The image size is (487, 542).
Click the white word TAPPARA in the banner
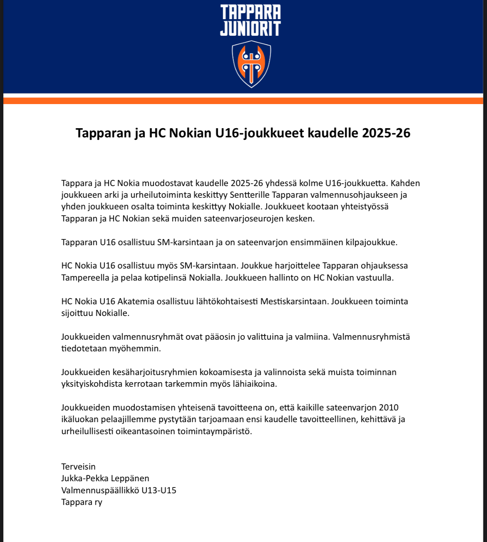click(251, 12)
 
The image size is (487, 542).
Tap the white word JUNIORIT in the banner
click(251, 29)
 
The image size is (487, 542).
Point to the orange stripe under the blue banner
click(243, 101)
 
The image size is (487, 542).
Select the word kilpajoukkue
click(371, 242)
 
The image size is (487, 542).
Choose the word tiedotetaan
click(84, 348)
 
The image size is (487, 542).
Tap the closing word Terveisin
click(78, 467)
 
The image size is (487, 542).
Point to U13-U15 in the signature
click(159, 490)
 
